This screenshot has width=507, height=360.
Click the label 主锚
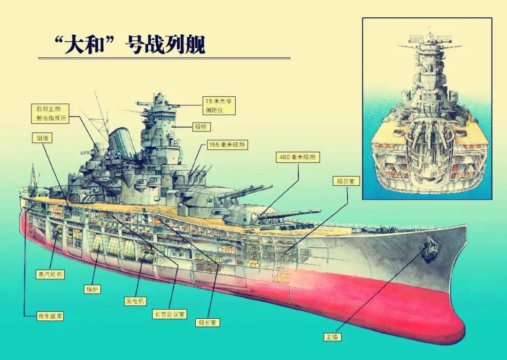pyautogui.click(x=332, y=337)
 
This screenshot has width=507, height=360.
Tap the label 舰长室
pyautogui.click(x=207, y=322)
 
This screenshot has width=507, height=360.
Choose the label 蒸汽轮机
pyautogui.click(x=50, y=274)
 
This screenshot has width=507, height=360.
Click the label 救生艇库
pyautogui.click(x=50, y=316)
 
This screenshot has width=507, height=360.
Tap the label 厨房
pyautogui.click(x=41, y=138)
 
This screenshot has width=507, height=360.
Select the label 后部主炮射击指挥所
pyautogui.click(x=53, y=114)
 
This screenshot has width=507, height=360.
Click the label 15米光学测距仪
pyautogui.click(x=219, y=106)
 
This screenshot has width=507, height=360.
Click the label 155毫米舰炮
pyautogui.click(x=227, y=145)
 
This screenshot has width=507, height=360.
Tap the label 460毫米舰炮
pyautogui.click(x=298, y=158)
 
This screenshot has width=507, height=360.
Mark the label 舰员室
pyautogui.click(x=346, y=181)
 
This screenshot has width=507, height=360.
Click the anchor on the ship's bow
pyautogui.click(x=429, y=247)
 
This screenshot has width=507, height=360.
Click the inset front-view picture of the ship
pyautogui.click(x=427, y=108)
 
